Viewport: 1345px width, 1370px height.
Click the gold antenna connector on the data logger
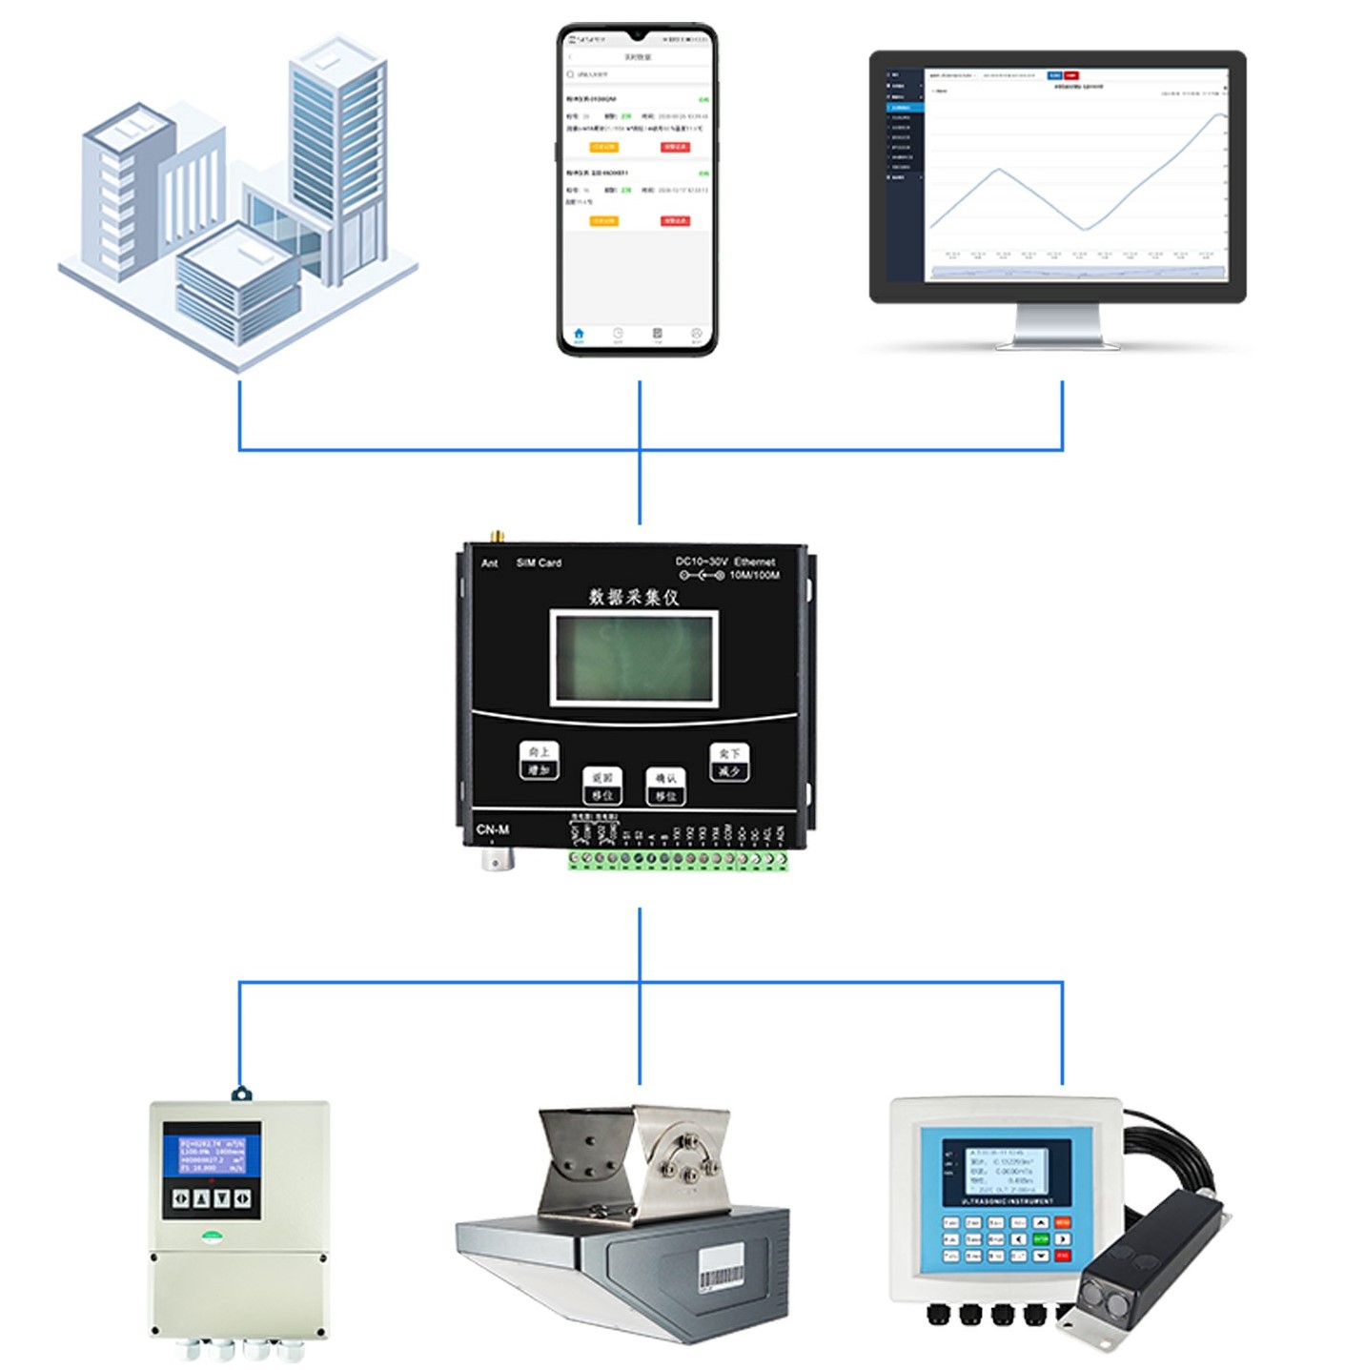(495, 537)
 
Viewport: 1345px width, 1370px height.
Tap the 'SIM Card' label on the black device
(539, 562)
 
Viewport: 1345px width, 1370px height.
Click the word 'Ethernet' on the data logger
(754, 562)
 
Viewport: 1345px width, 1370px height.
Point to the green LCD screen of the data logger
(634, 658)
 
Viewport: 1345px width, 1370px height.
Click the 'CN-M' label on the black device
(493, 829)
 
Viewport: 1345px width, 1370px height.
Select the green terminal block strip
(678, 859)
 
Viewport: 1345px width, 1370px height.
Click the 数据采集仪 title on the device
(634, 597)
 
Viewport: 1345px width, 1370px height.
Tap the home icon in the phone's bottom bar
(579, 334)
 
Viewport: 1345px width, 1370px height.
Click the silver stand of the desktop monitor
(1058, 327)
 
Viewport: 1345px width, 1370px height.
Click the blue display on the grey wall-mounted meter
(212, 1154)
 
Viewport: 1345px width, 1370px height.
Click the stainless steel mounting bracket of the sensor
(634, 1163)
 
